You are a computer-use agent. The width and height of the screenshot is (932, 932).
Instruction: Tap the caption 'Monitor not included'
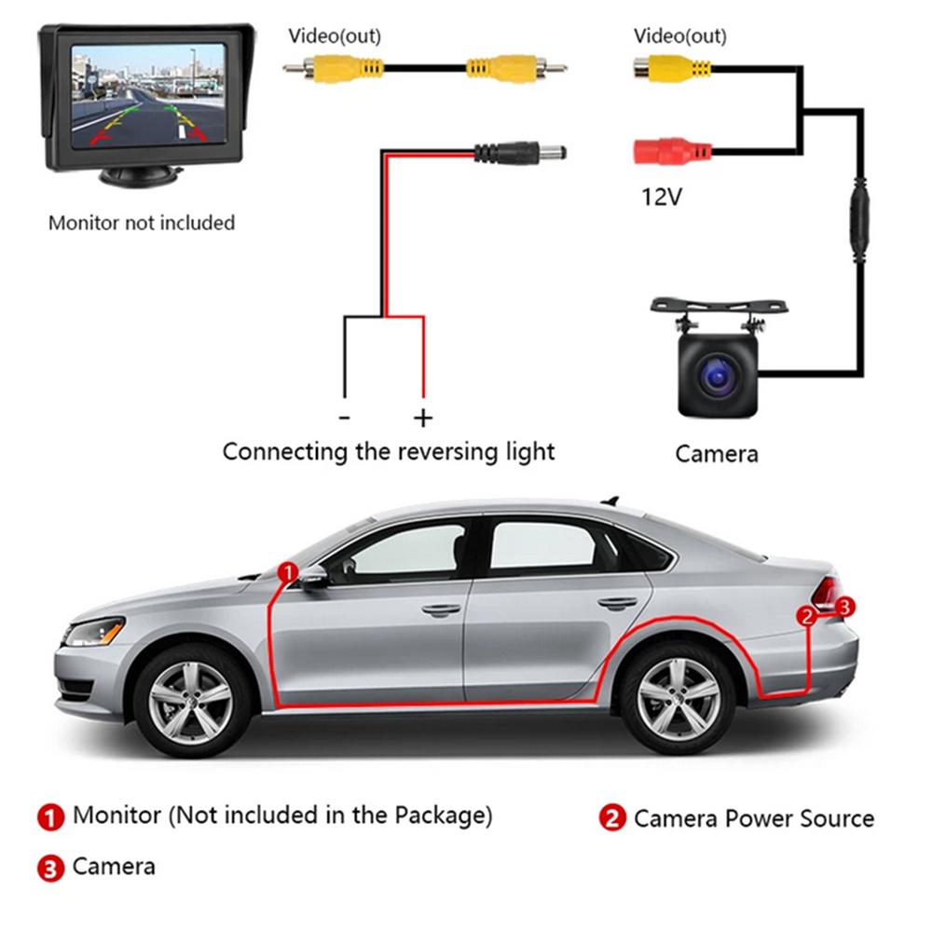tap(142, 223)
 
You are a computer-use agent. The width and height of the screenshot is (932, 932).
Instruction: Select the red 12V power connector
tap(671, 151)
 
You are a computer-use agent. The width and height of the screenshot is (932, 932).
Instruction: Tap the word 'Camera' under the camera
tap(716, 454)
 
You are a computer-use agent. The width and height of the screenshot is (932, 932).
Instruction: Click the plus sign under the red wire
tap(423, 418)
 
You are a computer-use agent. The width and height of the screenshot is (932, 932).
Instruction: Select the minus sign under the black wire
tap(344, 418)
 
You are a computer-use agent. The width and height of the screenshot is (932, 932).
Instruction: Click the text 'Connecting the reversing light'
tap(389, 452)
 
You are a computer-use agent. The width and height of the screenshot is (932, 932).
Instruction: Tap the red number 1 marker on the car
tap(289, 569)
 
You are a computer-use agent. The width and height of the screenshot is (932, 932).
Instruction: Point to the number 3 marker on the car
tap(844, 607)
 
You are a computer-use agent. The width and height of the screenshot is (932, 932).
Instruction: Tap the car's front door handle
tap(441, 610)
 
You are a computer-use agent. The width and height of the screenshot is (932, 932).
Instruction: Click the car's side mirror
tap(313, 578)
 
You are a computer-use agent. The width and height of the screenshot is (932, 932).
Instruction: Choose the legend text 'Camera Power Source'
tap(754, 819)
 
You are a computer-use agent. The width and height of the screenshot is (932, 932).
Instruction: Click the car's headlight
tap(93, 633)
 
